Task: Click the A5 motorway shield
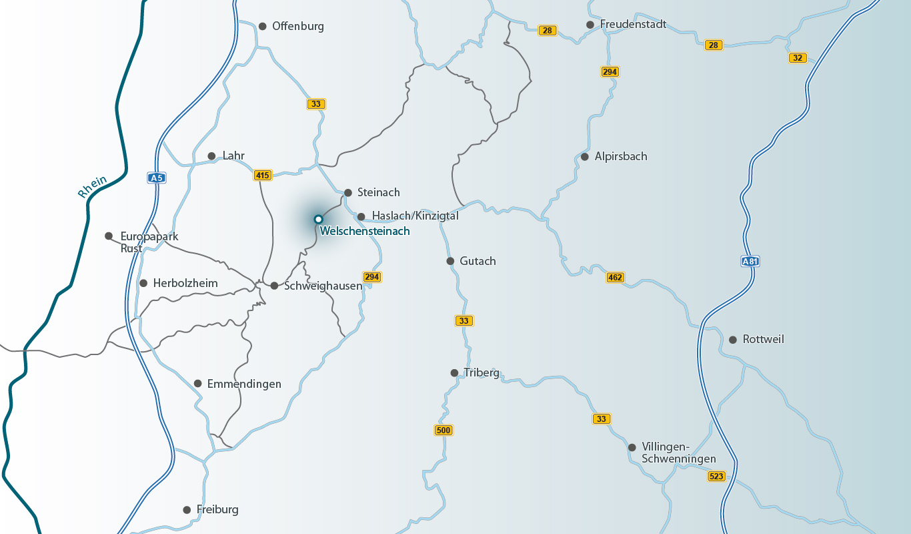tap(156, 178)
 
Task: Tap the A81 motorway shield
tap(750, 262)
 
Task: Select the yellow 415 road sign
tap(263, 176)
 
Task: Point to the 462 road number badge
tap(615, 277)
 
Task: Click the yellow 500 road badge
tap(443, 430)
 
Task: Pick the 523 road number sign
tap(716, 476)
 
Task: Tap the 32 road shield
tap(797, 57)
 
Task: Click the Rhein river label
tap(92, 187)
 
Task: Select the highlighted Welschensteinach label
tap(365, 231)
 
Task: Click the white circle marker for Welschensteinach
tap(318, 219)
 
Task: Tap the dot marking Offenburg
tap(262, 26)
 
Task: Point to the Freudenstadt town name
tap(633, 24)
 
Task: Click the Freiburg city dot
tap(187, 510)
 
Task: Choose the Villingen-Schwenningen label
tap(678, 453)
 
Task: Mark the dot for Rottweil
tap(732, 340)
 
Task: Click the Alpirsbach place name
tap(620, 156)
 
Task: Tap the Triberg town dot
tap(454, 373)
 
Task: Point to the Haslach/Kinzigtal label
tap(415, 216)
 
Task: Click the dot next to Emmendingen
tap(197, 384)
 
